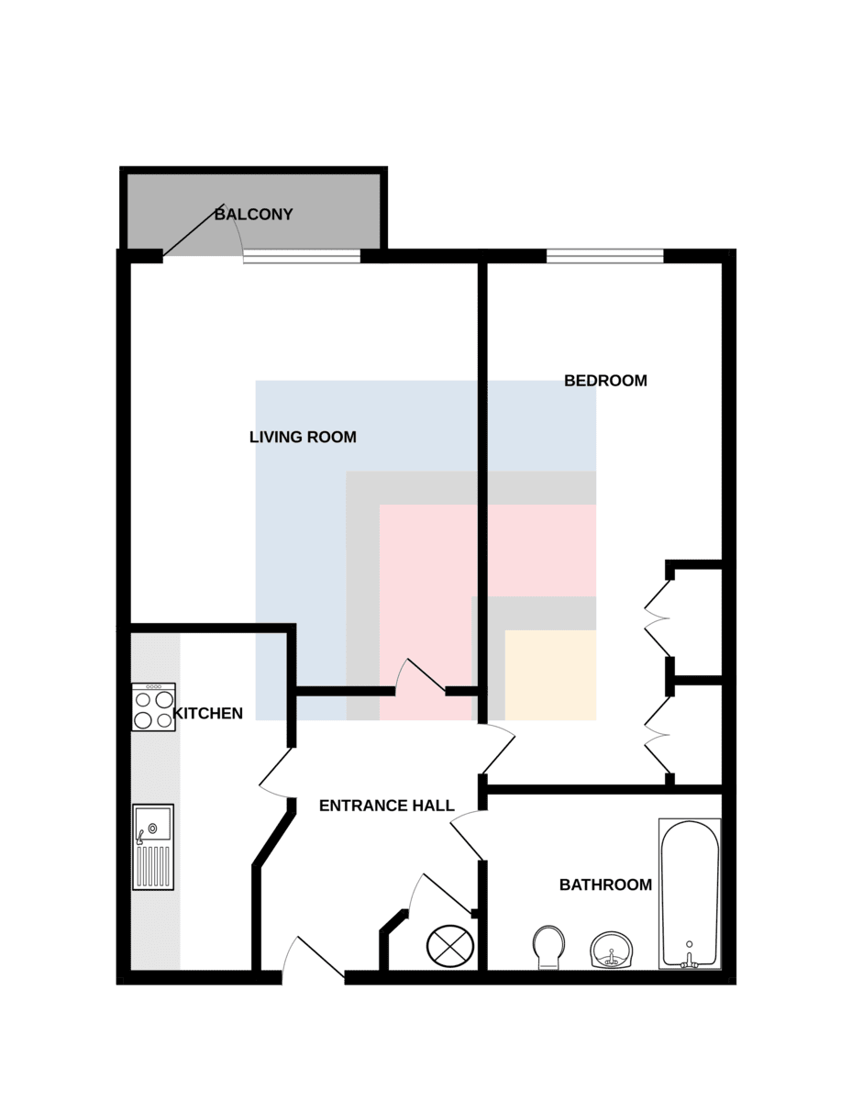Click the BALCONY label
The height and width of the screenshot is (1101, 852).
click(x=253, y=215)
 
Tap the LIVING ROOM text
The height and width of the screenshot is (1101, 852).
click(x=303, y=437)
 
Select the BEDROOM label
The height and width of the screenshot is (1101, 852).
click(x=605, y=381)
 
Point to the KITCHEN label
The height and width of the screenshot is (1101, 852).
click(x=207, y=714)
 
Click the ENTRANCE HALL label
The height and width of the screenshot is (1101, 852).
click(x=387, y=806)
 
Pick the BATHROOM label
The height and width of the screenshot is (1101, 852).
click(x=605, y=884)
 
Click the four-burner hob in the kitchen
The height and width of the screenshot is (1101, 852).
click(x=154, y=706)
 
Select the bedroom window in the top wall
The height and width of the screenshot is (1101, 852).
click(x=605, y=256)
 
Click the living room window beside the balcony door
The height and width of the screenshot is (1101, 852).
click(x=302, y=256)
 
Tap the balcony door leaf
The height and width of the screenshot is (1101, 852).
click(x=194, y=230)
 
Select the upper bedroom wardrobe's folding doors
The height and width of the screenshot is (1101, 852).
click(x=657, y=618)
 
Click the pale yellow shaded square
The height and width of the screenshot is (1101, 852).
click(x=550, y=675)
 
